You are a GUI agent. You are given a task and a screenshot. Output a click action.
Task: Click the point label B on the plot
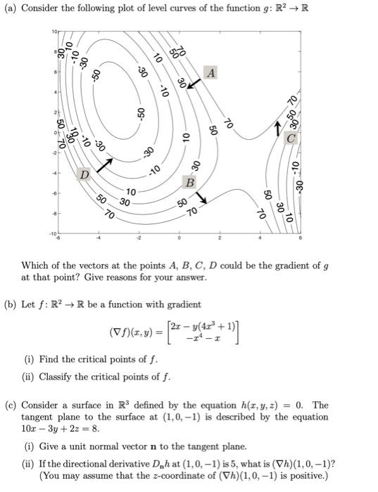pos(189,183)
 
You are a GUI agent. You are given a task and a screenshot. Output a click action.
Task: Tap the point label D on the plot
pos(84,172)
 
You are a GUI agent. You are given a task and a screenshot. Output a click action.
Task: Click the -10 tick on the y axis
pos(52,234)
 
